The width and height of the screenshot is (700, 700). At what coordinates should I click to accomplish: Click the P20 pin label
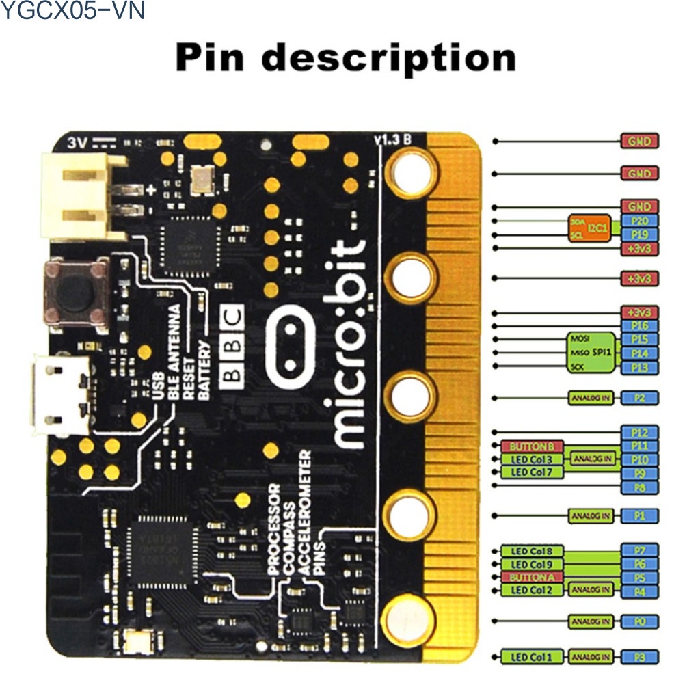639,220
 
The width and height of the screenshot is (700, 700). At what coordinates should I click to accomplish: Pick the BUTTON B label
532,446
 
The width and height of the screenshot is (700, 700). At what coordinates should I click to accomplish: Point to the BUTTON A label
532,578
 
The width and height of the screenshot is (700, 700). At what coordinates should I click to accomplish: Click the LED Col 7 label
532,472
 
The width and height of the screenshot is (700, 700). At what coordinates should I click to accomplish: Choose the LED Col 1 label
532,658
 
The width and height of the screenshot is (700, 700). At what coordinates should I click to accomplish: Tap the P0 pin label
639,621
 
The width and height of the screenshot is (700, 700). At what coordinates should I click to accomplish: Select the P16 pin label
639,326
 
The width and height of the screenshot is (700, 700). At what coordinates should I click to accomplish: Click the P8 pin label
639,487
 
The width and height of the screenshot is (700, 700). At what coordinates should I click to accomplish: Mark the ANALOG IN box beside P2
591,397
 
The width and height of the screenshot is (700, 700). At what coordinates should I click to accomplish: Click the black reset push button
76,292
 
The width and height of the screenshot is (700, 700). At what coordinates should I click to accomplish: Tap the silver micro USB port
59,396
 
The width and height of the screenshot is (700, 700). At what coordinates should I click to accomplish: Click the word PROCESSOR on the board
273,529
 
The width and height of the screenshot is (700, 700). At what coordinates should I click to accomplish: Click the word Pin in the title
209,57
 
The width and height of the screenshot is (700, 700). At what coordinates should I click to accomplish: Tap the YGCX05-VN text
72,12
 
